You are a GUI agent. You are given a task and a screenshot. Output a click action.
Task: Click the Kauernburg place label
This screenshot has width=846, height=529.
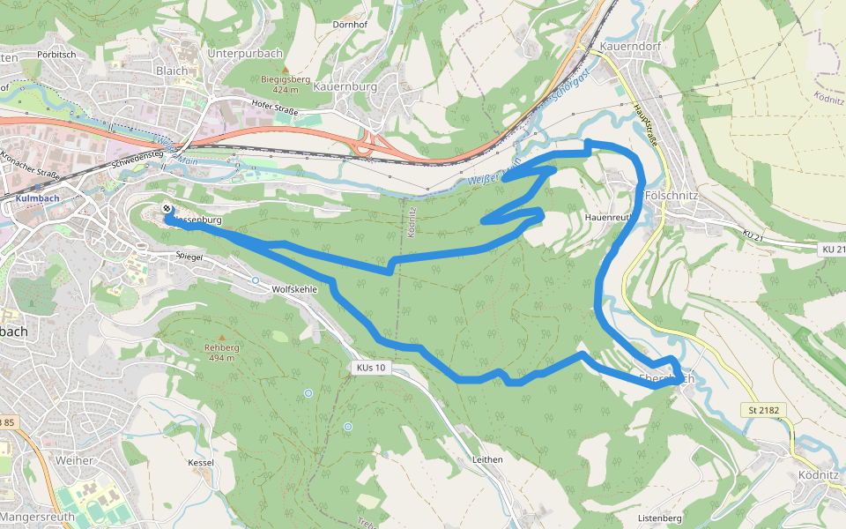click(345, 87)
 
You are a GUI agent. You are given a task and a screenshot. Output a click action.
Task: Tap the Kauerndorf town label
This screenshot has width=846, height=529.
click(629, 46)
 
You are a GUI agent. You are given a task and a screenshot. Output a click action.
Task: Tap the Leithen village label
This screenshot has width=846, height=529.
click(486, 459)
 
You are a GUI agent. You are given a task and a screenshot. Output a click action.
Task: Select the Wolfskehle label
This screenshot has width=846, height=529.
click(294, 289)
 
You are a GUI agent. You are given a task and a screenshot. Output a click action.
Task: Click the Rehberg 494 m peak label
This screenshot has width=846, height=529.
click(222, 353)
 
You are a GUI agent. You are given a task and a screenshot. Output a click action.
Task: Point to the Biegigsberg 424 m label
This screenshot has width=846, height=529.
click(286, 84)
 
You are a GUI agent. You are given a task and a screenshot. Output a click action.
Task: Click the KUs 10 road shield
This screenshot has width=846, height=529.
click(370, 367)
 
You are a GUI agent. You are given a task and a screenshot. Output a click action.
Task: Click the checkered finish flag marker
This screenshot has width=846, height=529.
click(167, 209)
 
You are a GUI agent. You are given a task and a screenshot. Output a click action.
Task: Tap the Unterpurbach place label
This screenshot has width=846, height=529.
click(245, 53)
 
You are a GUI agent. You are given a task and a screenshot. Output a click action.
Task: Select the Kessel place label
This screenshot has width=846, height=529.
click(201, 462)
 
